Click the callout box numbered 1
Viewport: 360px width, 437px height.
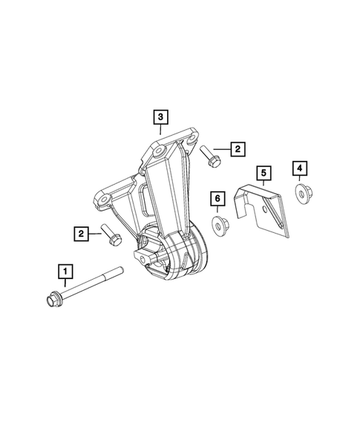[67, 270]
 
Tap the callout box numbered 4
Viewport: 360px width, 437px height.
[300, 168]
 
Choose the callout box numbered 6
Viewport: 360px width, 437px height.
[217, 197]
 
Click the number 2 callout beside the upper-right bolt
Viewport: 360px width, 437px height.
[237, 149]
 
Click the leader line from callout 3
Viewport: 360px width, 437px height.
[161, 129]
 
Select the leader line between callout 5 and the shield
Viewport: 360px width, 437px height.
[262, 185]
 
